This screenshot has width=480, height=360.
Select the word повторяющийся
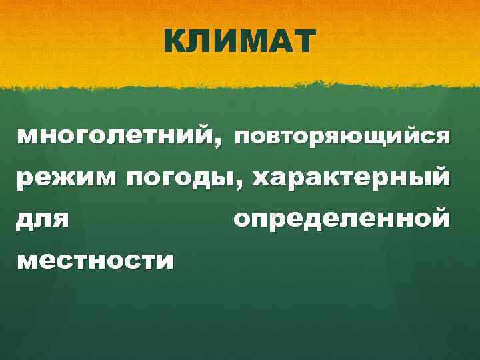tap(341, 138)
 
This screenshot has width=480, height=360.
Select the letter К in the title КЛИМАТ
tap(176, 42)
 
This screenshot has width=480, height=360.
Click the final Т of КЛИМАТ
tap(300, 42)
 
